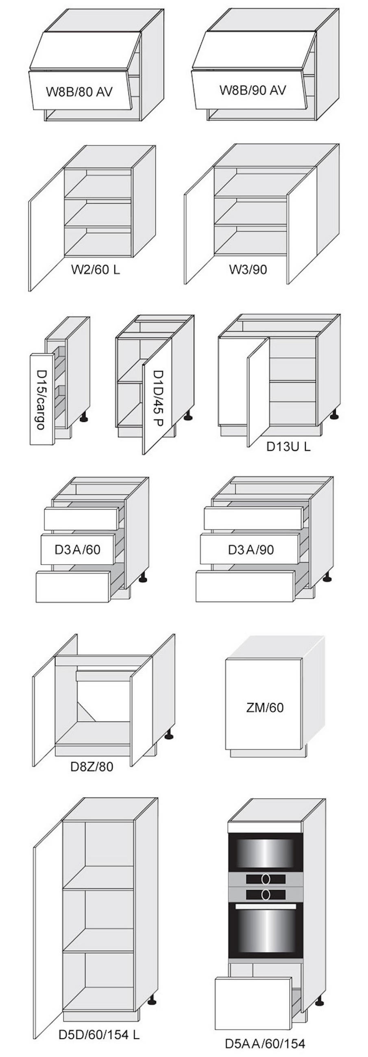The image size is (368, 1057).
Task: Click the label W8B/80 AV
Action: point(79,91)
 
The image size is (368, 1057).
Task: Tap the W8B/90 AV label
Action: point(253,90)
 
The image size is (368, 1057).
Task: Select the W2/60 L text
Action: point(96,270)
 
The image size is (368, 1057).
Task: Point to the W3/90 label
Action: point(248,269)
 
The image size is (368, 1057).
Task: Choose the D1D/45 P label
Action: point(158,398)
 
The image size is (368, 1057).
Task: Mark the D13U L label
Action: point(288,446)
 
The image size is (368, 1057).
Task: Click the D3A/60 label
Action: point(78,549)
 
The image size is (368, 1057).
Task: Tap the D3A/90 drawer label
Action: point(250,549)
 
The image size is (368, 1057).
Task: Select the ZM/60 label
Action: point(265,707)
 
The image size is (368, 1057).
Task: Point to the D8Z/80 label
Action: point(92,766)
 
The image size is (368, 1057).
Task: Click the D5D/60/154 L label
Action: point(99,1034)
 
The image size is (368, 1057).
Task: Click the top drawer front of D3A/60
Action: point(81,518)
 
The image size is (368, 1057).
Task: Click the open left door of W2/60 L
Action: point(46,229)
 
